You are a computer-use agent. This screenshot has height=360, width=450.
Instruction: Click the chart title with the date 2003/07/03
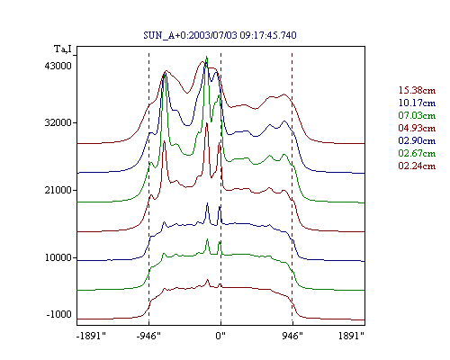pyautogui.click(x=220, y=35)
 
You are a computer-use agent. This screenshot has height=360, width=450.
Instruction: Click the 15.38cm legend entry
pyautogui.click(x=417, y=90)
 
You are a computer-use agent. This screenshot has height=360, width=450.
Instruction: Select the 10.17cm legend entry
pyautogui.click(x=417, y=103)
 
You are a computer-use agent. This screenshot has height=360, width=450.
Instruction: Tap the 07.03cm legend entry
pyautogui.click(x=417, y=115)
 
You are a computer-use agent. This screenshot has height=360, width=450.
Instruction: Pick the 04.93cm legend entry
pyautogui.click(x=417, y=128)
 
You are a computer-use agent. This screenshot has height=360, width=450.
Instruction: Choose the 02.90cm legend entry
pyautogui.click(x=417, y=140)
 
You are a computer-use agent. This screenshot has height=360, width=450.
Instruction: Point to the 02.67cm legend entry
pyautogui.click(x=417, y=153)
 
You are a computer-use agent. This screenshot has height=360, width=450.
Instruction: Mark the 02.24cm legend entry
pyautogui.click(x=417, y=166)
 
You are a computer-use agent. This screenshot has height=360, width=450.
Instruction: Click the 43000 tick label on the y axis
pyautogui.click(x=58, y=66)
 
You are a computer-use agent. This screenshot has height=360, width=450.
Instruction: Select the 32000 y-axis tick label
pyautogui.click(x=58, y=122)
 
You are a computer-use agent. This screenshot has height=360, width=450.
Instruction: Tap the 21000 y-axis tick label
pyautogui.click(x=58, y=190)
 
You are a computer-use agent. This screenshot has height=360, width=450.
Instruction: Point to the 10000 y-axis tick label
pyautogui.click(x=58, y=257)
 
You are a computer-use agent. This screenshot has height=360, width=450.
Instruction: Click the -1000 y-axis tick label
pyautogui.click(x=59, y=314)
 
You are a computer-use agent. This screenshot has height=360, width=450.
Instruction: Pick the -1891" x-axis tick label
pyautogui.click(x=92, y=336)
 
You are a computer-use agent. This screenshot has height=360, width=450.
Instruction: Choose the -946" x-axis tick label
pyautogui.click(x=148, y=336)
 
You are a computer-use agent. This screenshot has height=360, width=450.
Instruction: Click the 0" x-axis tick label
pyautogui.click(x=220, y=336)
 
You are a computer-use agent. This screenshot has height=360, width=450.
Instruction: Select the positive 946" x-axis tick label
pyautogui.click(x=292, y=336)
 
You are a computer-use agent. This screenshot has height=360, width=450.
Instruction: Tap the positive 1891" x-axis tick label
pyautogui.click(x=351, y=336)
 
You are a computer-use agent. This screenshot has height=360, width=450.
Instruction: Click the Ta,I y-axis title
pyautogui.click(x=63, y=49)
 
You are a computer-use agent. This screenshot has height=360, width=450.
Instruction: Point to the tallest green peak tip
pyautogui.click(x=207, y=56)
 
